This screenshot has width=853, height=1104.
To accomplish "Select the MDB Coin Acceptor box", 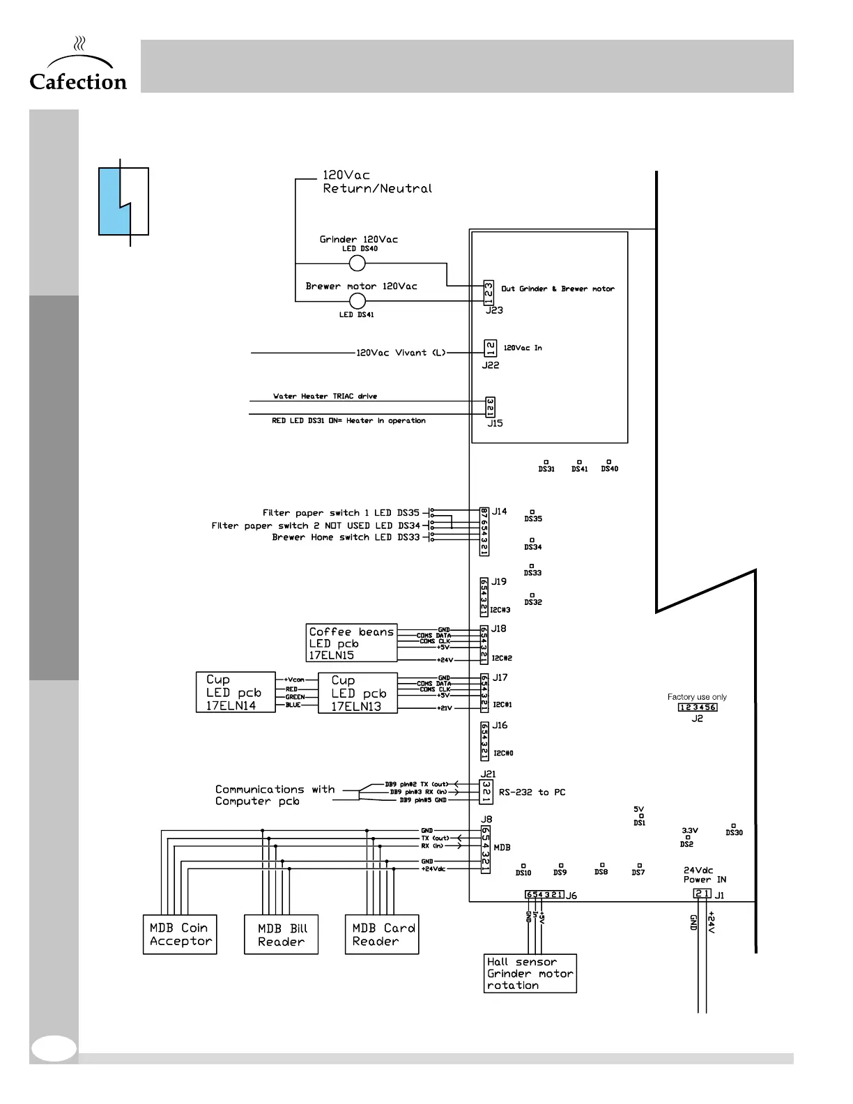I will [180, 935].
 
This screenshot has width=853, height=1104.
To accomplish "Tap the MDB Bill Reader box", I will [282, 935].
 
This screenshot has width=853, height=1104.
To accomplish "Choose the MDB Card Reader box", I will [382, 935].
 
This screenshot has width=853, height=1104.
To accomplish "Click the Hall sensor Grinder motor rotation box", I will [530, 973].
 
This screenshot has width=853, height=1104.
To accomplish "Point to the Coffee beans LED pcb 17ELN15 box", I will [352, 643].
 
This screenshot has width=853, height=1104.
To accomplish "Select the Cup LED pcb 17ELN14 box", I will [236, 692].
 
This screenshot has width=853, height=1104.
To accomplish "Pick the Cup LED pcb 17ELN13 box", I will [358, 693].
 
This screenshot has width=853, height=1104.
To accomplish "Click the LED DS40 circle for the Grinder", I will [357, 263].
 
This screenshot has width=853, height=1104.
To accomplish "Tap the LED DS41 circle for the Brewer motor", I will [357, 301].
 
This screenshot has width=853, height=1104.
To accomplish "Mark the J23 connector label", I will [494, 310].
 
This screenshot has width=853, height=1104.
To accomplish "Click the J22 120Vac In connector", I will [490, 348].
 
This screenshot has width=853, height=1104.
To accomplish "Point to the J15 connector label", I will [495, 423].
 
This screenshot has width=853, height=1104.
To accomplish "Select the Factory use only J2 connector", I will [698, 707].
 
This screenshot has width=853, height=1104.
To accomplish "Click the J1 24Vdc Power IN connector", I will [702, 894].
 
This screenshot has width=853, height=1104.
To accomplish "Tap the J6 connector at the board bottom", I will [544, 895].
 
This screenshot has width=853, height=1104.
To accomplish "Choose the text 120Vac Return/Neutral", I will [377, 182].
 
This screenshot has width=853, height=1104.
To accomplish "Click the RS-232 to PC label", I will [532, 792].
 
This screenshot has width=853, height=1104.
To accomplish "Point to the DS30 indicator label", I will [734, 833].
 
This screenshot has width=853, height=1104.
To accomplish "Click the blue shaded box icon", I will [123, 201].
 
